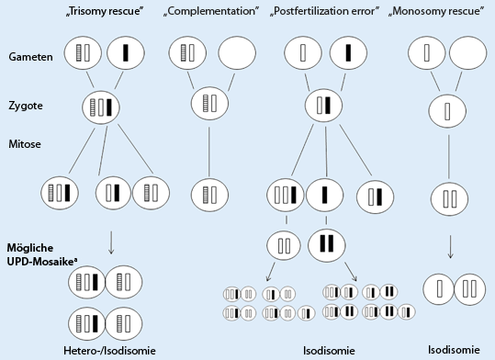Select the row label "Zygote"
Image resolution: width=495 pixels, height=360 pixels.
(x=27, y=106)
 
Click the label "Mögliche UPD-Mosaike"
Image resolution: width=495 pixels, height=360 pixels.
(x=43, y=254)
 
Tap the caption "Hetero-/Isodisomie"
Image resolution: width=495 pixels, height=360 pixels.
(x=101, y=349)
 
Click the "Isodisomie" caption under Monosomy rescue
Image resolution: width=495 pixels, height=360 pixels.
(x=454, y=349)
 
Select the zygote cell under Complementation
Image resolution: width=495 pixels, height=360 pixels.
(x=209, y=101)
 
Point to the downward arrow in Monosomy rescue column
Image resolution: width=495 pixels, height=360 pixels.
(x=450, y=250)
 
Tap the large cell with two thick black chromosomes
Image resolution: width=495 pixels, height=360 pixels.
(x=326, y=243)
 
